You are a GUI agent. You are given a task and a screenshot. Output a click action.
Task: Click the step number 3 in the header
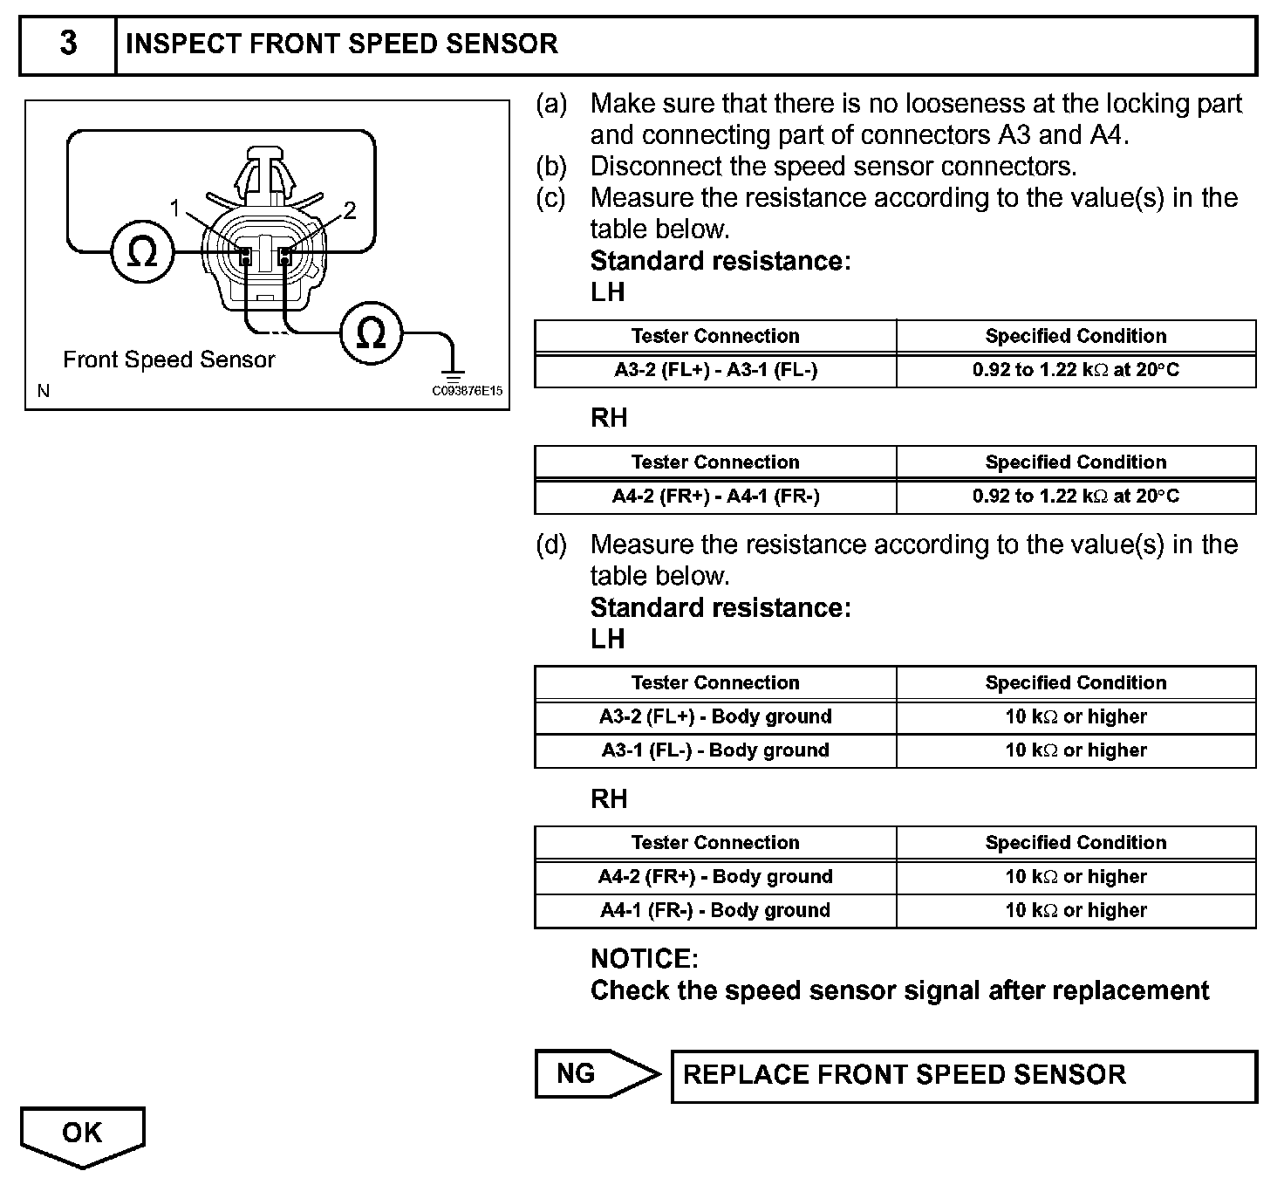click(x=68, y=44)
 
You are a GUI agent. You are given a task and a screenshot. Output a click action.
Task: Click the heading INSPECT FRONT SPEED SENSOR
click(x=342, y=44)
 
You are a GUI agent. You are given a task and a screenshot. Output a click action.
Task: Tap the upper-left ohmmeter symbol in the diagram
click(x=142, y=253)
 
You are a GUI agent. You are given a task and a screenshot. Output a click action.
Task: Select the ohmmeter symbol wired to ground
click(x=371, y=332)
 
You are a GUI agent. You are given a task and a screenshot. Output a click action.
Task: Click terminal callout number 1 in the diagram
click(x=175, y=209)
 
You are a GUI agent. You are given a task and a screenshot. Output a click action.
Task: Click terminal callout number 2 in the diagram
click(x=350, y=210)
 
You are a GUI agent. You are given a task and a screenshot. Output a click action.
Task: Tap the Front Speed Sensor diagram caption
click(x=168, y=360)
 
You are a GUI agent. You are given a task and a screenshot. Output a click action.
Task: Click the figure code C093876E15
click(x=468, y=391)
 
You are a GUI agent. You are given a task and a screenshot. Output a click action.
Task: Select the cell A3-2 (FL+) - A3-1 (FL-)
click(x=715, y=370)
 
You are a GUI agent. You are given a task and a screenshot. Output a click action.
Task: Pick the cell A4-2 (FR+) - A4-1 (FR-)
click(x=715, y=497)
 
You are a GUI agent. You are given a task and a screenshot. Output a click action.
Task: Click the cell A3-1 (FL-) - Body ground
click(x=715, y=750)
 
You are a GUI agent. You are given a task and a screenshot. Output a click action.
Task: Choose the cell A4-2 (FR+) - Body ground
click(x=715, y=876)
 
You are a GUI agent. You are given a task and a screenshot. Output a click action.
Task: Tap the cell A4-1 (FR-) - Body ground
click(x=715, y=910)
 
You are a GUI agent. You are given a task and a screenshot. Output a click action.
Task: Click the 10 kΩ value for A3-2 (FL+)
click(x=1076, y=716)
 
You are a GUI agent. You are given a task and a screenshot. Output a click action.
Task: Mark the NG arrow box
click(x=593, y=1073)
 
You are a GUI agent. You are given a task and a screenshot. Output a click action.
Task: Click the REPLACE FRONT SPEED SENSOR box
click(x=964, y=1075)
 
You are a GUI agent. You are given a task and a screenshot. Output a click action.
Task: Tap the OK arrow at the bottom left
click(x=82, y=1134)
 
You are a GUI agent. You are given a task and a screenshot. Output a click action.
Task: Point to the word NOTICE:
click(x=645, y=959)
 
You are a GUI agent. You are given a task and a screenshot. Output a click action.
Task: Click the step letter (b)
click(x=551, y=166)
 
